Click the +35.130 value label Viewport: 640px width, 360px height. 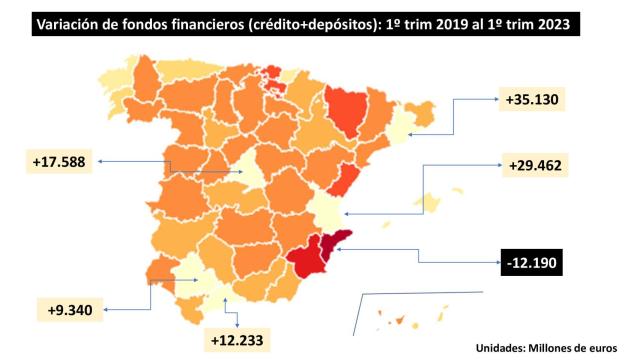(533, 99)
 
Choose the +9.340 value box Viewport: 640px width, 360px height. (69, 309)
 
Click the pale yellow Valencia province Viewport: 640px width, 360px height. (327, 210)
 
